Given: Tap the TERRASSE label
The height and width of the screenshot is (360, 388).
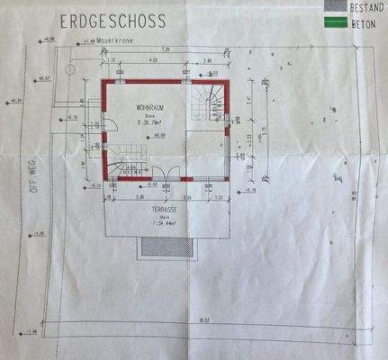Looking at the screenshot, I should (x=157, y=208).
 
